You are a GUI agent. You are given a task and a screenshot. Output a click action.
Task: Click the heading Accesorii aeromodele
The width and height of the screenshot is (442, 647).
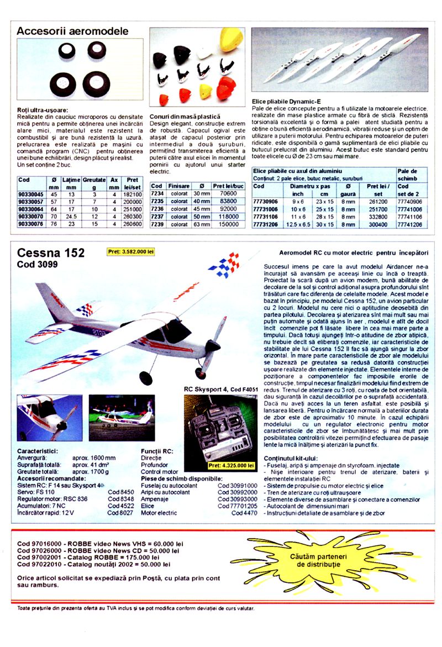[x=72, y=31]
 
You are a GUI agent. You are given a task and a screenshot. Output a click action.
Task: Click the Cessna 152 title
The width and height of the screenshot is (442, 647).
[x=51, y=253]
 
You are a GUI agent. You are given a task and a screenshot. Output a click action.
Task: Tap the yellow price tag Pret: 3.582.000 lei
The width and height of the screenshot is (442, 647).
[x=130, y=251]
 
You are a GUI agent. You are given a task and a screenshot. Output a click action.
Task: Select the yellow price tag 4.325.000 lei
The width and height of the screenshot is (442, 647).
[x=231, y=465]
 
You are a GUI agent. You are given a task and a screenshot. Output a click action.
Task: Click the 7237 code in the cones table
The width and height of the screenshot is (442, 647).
[x=157, y=217]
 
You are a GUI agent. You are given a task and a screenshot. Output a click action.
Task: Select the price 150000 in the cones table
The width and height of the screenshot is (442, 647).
[x=228, y=224]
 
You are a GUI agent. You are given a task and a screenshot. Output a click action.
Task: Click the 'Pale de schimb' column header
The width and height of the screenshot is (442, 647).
[x=407, y=175]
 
